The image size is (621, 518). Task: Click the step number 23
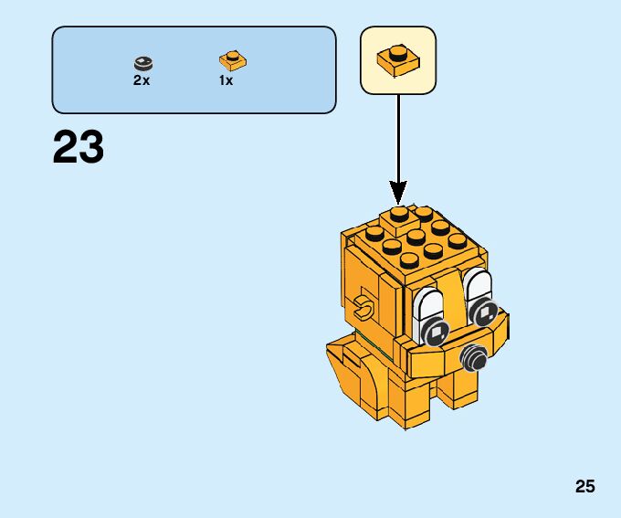[79, 148]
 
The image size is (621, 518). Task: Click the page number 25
[585, 487]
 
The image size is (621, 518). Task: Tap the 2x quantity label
[142, 80]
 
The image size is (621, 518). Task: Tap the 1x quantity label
[226, 80]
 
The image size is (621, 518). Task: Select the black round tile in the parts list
[143, 62]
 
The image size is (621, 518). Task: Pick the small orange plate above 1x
[234, 61]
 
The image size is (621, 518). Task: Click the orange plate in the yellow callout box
[398, 58]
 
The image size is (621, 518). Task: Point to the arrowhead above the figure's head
[398, 191]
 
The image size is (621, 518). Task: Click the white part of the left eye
[427, 307]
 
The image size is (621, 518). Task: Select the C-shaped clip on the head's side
[365, 308]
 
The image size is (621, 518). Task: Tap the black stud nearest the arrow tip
[397, 215]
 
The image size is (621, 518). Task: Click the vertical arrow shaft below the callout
[398, 137]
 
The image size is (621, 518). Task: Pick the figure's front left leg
[409, 407]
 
